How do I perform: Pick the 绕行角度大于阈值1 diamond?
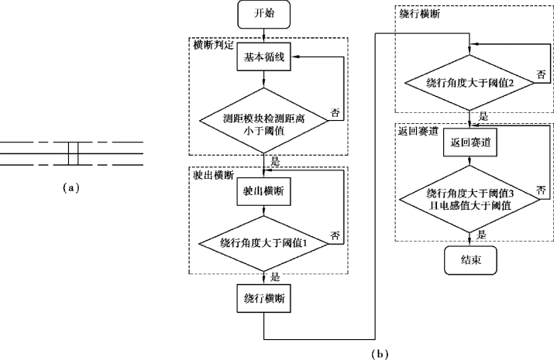click(x=264, y=242)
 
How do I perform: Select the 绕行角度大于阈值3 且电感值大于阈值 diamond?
click(x=469, y=198)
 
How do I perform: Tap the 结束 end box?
click(x=469, y=260)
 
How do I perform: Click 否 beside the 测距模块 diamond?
click(x=335, y=112)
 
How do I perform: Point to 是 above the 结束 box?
click(x=482, y=233)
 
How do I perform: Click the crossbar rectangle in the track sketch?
click(x=74, y=153)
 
